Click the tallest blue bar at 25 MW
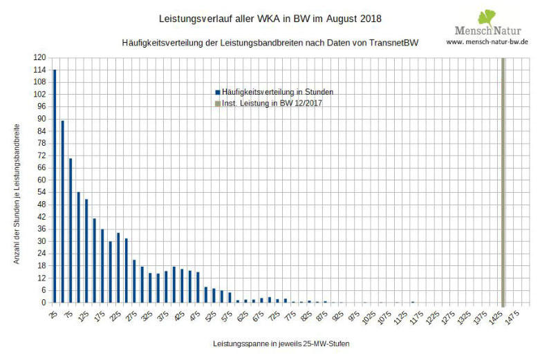pos(55,186)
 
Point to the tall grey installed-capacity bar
pos(503,180)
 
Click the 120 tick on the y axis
pos(41,58)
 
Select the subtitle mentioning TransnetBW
pos(270,42)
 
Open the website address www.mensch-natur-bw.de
pos(488,42)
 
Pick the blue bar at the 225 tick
pos(118,267)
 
